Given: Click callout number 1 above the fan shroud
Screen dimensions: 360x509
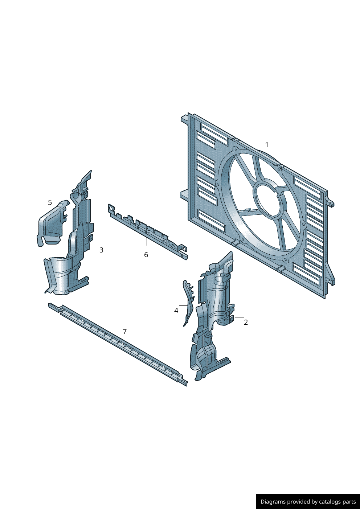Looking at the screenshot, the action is click(267, 145).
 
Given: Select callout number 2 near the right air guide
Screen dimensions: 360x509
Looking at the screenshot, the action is click(246, 322).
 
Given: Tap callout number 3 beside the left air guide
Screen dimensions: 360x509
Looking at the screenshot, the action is click(101, 250).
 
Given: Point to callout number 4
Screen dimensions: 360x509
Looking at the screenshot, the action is click(176, 311).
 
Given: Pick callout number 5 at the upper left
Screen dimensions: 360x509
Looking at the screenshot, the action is click(50, 202).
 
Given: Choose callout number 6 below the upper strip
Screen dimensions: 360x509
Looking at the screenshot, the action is click(146, 255).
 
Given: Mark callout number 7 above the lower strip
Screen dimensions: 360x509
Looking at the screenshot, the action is click(124, 332).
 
